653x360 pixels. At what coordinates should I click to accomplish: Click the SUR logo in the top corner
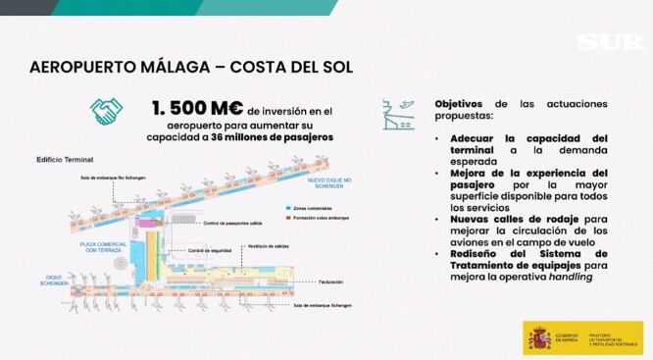[x=610, y=43]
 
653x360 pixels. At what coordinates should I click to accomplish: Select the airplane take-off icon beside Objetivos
[x=399, y=113]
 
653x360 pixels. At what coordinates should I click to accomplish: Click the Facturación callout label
[x=330, y=282]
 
